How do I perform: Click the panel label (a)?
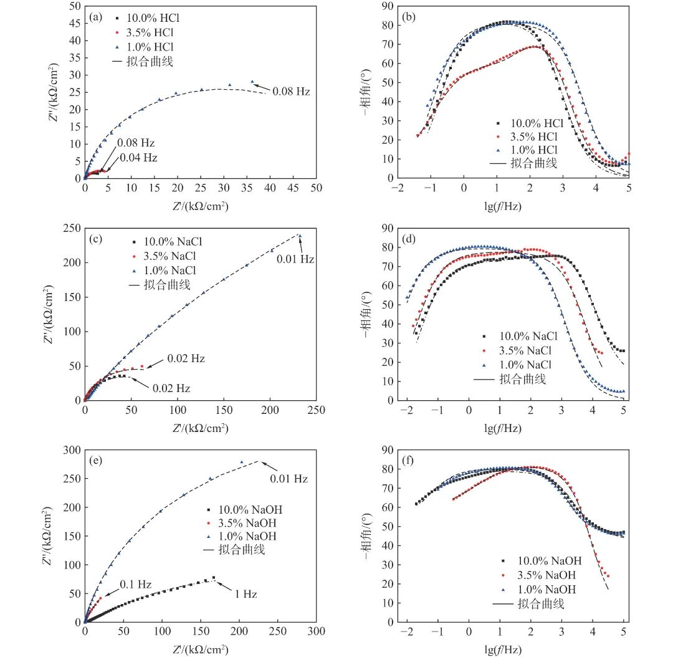97,17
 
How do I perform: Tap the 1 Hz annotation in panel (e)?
246,594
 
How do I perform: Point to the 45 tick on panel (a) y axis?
74,23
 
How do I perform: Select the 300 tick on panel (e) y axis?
72,450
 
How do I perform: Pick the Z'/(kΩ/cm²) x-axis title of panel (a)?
199,205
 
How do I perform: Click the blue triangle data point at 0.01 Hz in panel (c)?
299,236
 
